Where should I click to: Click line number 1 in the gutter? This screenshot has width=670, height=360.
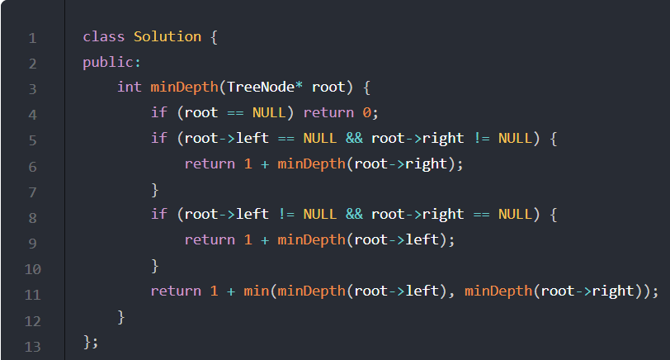click(32, 37)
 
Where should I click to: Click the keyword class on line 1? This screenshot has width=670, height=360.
click(104, 36)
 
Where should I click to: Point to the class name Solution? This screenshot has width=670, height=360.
click(167, 36)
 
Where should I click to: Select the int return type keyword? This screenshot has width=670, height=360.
click(129, 88)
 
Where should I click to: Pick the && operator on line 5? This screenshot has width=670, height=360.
click(354, 138)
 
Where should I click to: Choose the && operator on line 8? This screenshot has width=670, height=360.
click(354, 215)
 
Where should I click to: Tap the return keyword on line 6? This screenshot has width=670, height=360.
click(210, 163)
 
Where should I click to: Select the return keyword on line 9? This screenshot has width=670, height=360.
click(210, 239)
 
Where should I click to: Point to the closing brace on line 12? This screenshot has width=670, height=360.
click(121, 316)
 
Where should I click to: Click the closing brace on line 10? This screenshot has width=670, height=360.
click(154, 265)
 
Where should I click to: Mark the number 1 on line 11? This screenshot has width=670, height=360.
click(214, 291)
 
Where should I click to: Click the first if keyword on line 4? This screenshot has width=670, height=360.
click(158, 113)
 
